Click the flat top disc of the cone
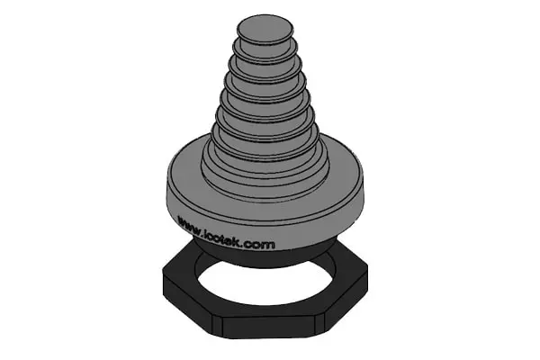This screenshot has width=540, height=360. coord(265,29)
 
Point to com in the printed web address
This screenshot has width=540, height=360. coord(261,244)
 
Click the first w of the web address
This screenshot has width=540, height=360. coord(182,220)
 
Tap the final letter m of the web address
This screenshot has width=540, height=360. coord(270,245)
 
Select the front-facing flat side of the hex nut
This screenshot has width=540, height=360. coord(268,327)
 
